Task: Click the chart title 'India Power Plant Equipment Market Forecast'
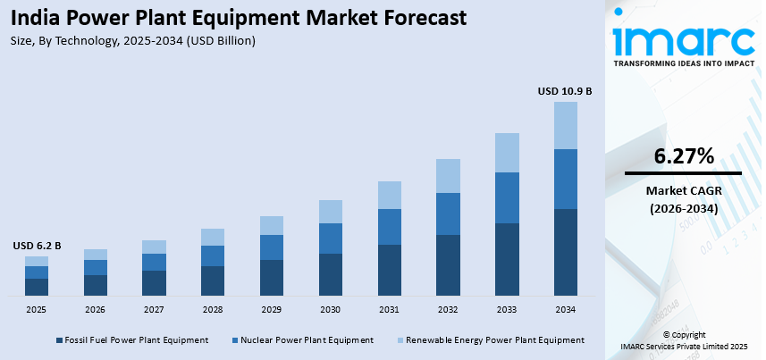tap(240, 18)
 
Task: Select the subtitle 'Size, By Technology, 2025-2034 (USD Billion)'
tap(134, 40)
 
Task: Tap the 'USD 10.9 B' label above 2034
tap(564, 91)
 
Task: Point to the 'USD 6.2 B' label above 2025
tap(37, 246)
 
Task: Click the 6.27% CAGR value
tap(684, 156)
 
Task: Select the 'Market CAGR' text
tap(684, 190)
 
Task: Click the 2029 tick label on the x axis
tap(272, 309)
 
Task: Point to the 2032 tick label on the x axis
tap(448, 309)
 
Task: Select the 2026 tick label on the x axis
tap(96, 309)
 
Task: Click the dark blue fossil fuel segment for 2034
tap(565, 252)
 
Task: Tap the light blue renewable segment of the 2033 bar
tap(507, 153)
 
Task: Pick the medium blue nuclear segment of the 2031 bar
tap(389, 227)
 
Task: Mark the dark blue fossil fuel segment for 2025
tap(37, 287)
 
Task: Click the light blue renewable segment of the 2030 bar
tap(331, 212)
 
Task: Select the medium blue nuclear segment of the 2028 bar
tap(213, 255)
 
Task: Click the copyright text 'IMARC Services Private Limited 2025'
tap(684, 346)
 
